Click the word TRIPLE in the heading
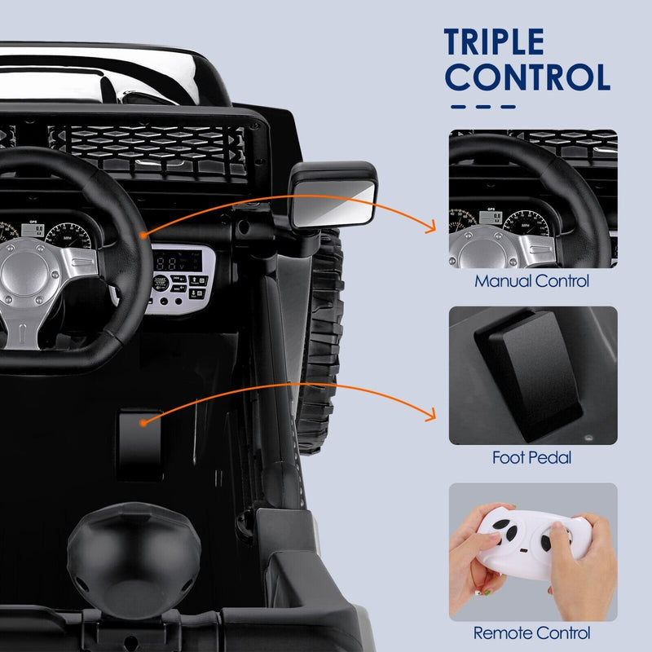(494, 43)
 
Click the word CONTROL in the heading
(528, 77)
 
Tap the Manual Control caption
(532, 282)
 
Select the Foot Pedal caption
(532, 457)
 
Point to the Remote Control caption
(532, 632)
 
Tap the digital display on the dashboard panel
(182, 263)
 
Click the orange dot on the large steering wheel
(143, 235)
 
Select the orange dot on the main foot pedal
(143, 423)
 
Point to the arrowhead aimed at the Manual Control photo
(431, 230)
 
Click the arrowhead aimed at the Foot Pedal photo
(431, 414)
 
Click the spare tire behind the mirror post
(322, 342)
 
